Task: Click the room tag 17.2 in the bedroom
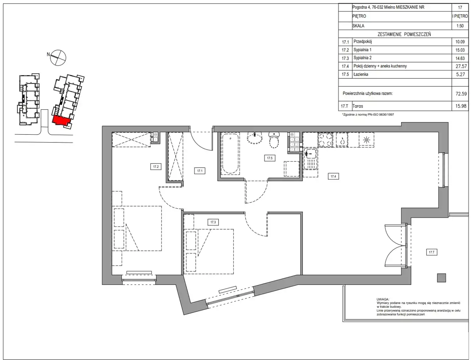pos(156,167)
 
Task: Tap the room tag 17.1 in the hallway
pos(200,171)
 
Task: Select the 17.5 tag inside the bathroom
pos(270,158)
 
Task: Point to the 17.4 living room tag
pos(333,176)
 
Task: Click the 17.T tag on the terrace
pos(432,252)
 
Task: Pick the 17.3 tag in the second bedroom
pos(213,222)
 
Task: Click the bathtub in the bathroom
pos(230,153)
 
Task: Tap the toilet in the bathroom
pos(274,140)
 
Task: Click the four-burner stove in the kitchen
pos(326,140)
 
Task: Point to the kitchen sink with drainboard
pos(311,158)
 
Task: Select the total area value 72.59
pos(461,93)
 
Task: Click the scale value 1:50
pos(460,26)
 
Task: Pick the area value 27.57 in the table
pos(461,66)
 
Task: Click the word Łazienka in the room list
pos(361,74)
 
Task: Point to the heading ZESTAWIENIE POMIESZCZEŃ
pos(404,34)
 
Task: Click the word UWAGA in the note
pos(383,299)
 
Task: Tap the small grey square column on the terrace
pos(442,278)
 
